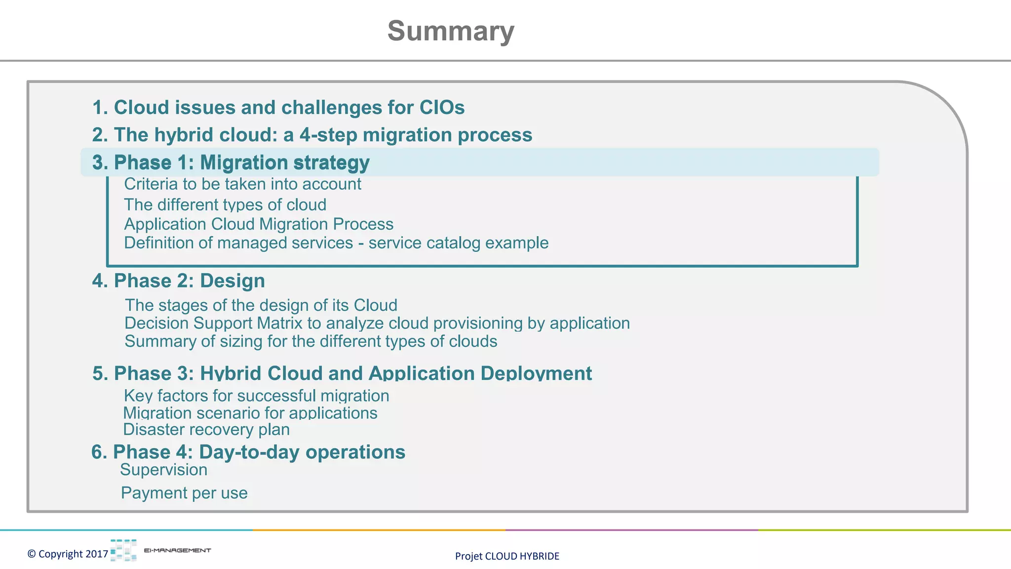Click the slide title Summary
click(x=451, y=31)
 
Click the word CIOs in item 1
click(x=442, y=108)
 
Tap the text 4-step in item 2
click(x=328, y=135)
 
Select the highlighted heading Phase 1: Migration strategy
click(x=231, y=163)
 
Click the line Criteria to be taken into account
click(x=242, y=184)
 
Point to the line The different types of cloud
click(x=225, y=204)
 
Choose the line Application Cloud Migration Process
click(x=259, y=224)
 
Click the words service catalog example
click(x=459, y=243)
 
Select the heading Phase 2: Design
click(x=179, y=281)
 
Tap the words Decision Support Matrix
click(x=213, y=323)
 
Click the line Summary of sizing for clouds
click(x=311, y=341)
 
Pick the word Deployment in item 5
click(x=536, y=373)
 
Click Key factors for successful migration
click(x=257, y=396)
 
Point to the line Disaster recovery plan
click(x=206, y=429)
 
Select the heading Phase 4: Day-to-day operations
click(x=248, y=452)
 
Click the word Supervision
click(x=164, y=470)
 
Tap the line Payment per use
click(x=184, y=493)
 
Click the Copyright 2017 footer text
click(x=68, y=554)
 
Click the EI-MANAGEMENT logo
click(x=160, y=550)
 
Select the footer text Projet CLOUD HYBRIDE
click(x=507, y=556)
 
